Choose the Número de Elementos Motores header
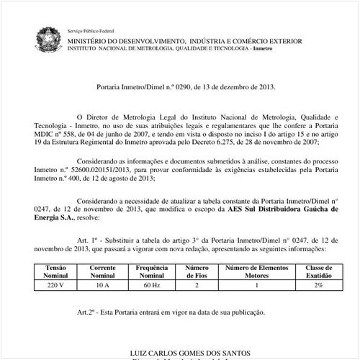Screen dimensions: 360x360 click(x=256, y=271)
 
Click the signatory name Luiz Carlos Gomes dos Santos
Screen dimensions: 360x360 click(x=190, y=354)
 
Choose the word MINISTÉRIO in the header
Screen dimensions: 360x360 click(x=89, y=42)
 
